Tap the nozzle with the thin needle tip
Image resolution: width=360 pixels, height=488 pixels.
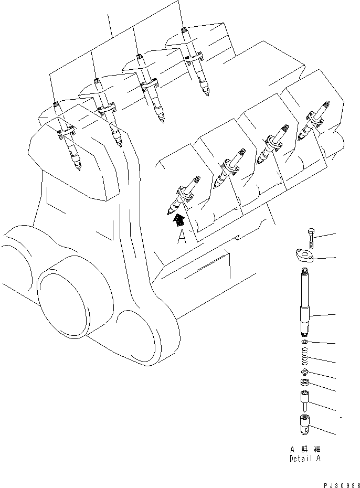303,402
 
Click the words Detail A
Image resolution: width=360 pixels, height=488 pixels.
305,458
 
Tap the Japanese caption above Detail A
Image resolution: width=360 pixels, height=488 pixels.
305,450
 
